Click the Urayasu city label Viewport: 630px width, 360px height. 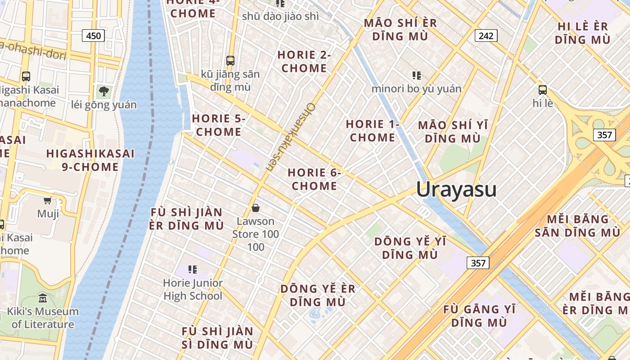pos(456,189)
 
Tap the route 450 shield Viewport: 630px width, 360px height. pos(93,36)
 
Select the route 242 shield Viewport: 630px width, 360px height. pos(486,36)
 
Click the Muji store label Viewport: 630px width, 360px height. pos(48,213)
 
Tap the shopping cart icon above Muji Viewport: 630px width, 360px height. pos(48,200)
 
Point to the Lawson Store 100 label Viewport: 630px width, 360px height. pos(256,234)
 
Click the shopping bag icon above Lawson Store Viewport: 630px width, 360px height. pos(256,208)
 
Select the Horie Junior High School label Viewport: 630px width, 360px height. pos(193,289)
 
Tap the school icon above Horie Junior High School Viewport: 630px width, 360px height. pos(193,270)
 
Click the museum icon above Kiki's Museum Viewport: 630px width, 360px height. pos(43,298)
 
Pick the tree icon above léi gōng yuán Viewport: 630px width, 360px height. pos(104,91)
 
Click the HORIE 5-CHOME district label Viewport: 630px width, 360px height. pos(219,125)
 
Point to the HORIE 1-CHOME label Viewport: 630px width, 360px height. pos(372,130)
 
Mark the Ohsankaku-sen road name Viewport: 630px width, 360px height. pos(291,137)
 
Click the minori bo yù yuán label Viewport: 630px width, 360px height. pos(416,89)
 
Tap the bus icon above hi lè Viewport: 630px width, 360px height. pos(542,90)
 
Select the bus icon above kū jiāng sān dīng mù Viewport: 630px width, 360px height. pos(230,60)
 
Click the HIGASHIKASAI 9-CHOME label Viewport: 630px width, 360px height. pos(90,160)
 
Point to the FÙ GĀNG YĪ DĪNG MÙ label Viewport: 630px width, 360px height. pos(479,316)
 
